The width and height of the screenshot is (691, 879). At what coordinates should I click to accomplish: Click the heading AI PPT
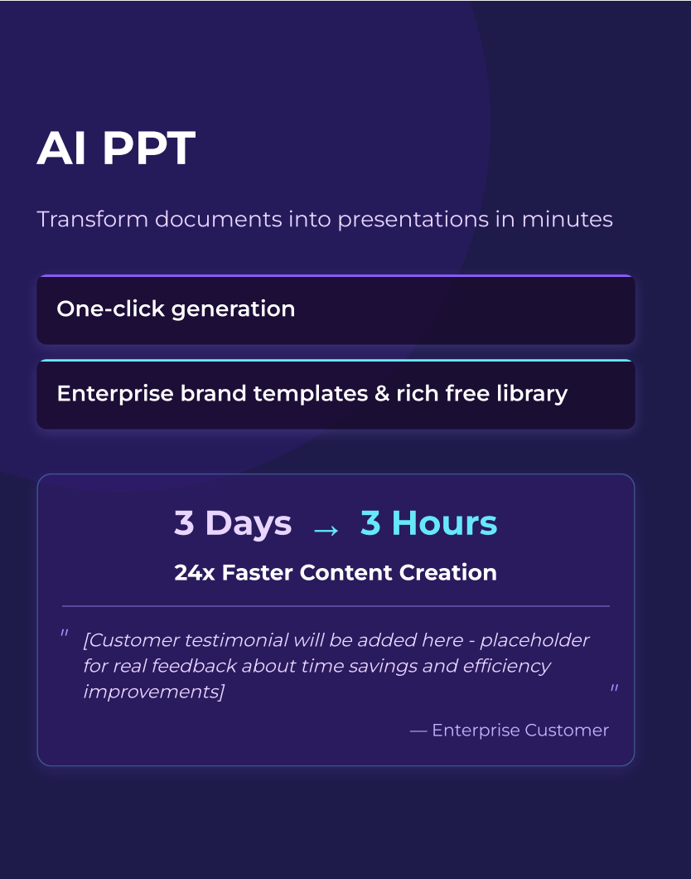116,148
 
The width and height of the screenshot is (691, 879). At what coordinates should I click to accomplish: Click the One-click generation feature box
336,310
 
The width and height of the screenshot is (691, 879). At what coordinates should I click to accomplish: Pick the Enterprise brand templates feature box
336,395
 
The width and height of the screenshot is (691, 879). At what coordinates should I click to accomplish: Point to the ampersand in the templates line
382,394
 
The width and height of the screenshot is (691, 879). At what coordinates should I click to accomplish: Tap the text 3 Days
233,523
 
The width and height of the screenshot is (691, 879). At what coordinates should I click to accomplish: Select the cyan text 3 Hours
428,523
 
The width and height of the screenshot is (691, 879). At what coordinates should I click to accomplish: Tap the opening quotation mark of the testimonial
64,634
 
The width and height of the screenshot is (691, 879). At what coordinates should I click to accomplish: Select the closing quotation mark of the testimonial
614,689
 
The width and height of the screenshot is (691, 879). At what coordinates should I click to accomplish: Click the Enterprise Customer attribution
510,731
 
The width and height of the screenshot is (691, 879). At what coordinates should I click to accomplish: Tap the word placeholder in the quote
535,641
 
